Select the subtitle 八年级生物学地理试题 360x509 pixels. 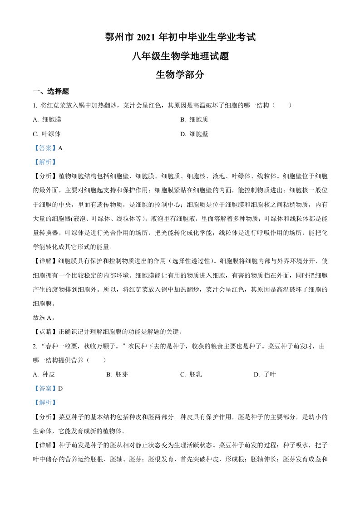180,56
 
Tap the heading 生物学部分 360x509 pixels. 180,75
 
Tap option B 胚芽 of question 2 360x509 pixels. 117,374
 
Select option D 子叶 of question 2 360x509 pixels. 264,374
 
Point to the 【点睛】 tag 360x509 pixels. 45,331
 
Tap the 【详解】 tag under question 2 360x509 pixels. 45,445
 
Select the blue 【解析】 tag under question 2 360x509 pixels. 45,402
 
